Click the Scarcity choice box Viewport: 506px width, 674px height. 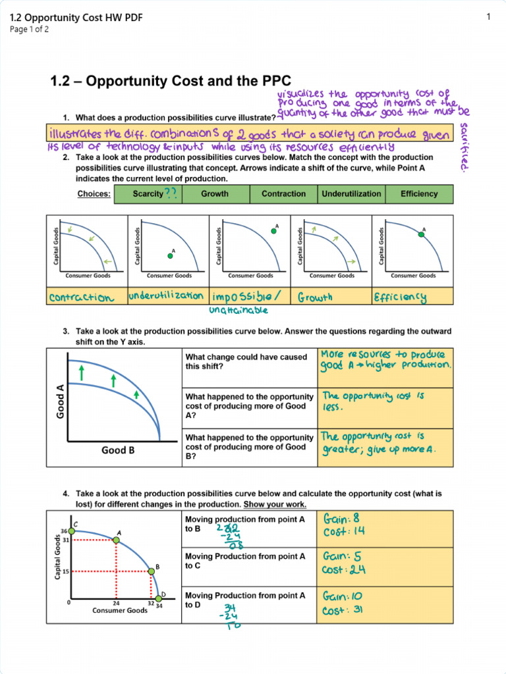[148, 194]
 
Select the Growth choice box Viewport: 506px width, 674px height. [215, 194]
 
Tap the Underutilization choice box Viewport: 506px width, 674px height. [351, 194]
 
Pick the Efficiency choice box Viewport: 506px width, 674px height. [419, 194]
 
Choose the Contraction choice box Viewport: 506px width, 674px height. [283, 194]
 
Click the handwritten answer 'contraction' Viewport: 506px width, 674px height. [80, 298]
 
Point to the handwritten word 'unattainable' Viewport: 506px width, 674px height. [239, 309]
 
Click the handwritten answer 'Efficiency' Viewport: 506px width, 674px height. [401, 298]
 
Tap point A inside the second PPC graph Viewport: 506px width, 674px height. [170, 256]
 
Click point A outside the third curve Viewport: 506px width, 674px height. [273, 231]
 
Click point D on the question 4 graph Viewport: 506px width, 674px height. [159, 598]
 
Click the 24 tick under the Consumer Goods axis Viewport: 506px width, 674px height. [116, 603]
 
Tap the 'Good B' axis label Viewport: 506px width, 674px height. [118, 451]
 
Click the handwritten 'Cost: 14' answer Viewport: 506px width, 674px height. [343, 531]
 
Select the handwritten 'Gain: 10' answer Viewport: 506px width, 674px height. [342, 596]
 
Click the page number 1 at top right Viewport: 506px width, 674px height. [489, 17]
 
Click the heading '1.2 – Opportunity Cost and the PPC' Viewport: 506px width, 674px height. [171, 82]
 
